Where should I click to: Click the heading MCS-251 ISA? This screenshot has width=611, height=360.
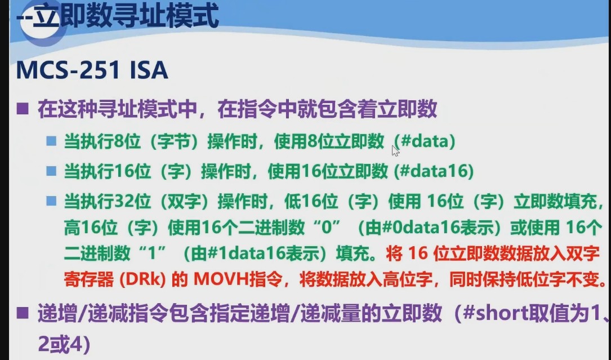coord(92,71)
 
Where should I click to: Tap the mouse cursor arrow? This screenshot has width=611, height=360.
coord(395,150)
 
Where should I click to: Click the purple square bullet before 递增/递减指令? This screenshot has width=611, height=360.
coord(23,313)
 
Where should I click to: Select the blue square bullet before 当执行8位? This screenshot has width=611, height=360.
coord(52,141)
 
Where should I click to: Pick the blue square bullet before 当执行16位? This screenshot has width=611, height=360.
coord(52,171)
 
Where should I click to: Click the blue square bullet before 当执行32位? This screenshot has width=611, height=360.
coord(52,201)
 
